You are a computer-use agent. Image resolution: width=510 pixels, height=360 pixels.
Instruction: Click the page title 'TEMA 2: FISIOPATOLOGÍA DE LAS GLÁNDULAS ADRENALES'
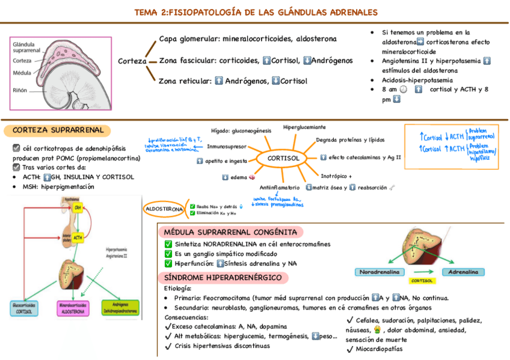pyautogui.click(x=256, y=12)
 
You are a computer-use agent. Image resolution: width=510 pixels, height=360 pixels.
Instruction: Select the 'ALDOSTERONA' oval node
pyautogui.click(x=164, y=209)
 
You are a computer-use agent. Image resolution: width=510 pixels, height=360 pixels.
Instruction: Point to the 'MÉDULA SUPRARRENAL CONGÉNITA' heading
pyautogui.click(x=230, y=232)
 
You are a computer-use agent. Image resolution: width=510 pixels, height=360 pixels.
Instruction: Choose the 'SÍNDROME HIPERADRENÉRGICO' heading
pyautogui.click(x=223, y=277)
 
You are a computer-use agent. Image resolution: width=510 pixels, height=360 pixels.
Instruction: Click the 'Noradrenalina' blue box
pyautogui.click(x=379, y=272)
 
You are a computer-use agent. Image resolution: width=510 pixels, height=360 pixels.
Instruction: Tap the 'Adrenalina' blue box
pyautogui.click(x=463, y=272)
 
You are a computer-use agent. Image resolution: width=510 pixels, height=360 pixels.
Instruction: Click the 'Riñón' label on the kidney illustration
pyautogui.click(x=20, y=90)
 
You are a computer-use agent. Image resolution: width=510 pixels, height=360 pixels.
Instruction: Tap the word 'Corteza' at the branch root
pyautogui.click(x=132, y=61)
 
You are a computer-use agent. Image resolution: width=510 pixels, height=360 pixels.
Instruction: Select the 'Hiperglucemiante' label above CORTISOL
pyautogui.click(x=304, y=127)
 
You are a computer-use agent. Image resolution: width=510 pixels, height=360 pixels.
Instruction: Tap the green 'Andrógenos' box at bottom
pyautogui.click(x=120, y=308)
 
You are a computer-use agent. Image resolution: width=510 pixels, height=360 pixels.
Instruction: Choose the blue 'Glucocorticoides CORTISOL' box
pyautogui.click(x=29, y=308)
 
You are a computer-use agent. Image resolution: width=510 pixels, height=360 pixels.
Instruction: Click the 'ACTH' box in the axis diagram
pyautogui.click(x=78, y=238)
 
